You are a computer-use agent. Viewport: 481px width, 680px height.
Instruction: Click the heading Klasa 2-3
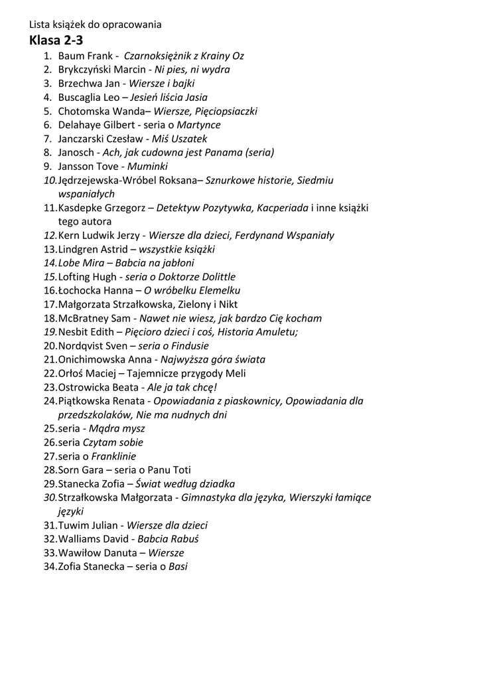(x=56, y=40)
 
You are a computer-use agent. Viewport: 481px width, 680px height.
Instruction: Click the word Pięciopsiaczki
(x=224, y=112)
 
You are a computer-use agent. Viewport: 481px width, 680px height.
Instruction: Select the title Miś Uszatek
(x=179, y=139)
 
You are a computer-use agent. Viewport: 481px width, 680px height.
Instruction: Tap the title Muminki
(x=147, y=167)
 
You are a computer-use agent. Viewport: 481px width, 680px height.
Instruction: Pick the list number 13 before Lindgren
(x=50, y=249)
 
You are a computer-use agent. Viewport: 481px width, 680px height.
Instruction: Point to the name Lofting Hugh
(x=86, y=277)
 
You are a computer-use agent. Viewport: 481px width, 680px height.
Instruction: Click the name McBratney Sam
(x=94, y=318)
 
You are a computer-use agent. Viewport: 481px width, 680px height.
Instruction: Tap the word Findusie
(x=189, y=345)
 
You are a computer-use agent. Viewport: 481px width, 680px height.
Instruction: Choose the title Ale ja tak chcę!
(x=182, y=387)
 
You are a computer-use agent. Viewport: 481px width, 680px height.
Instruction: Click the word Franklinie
(x=113, y=456)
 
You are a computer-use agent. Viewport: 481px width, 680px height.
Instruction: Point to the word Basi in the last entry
(x=178, y=566)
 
